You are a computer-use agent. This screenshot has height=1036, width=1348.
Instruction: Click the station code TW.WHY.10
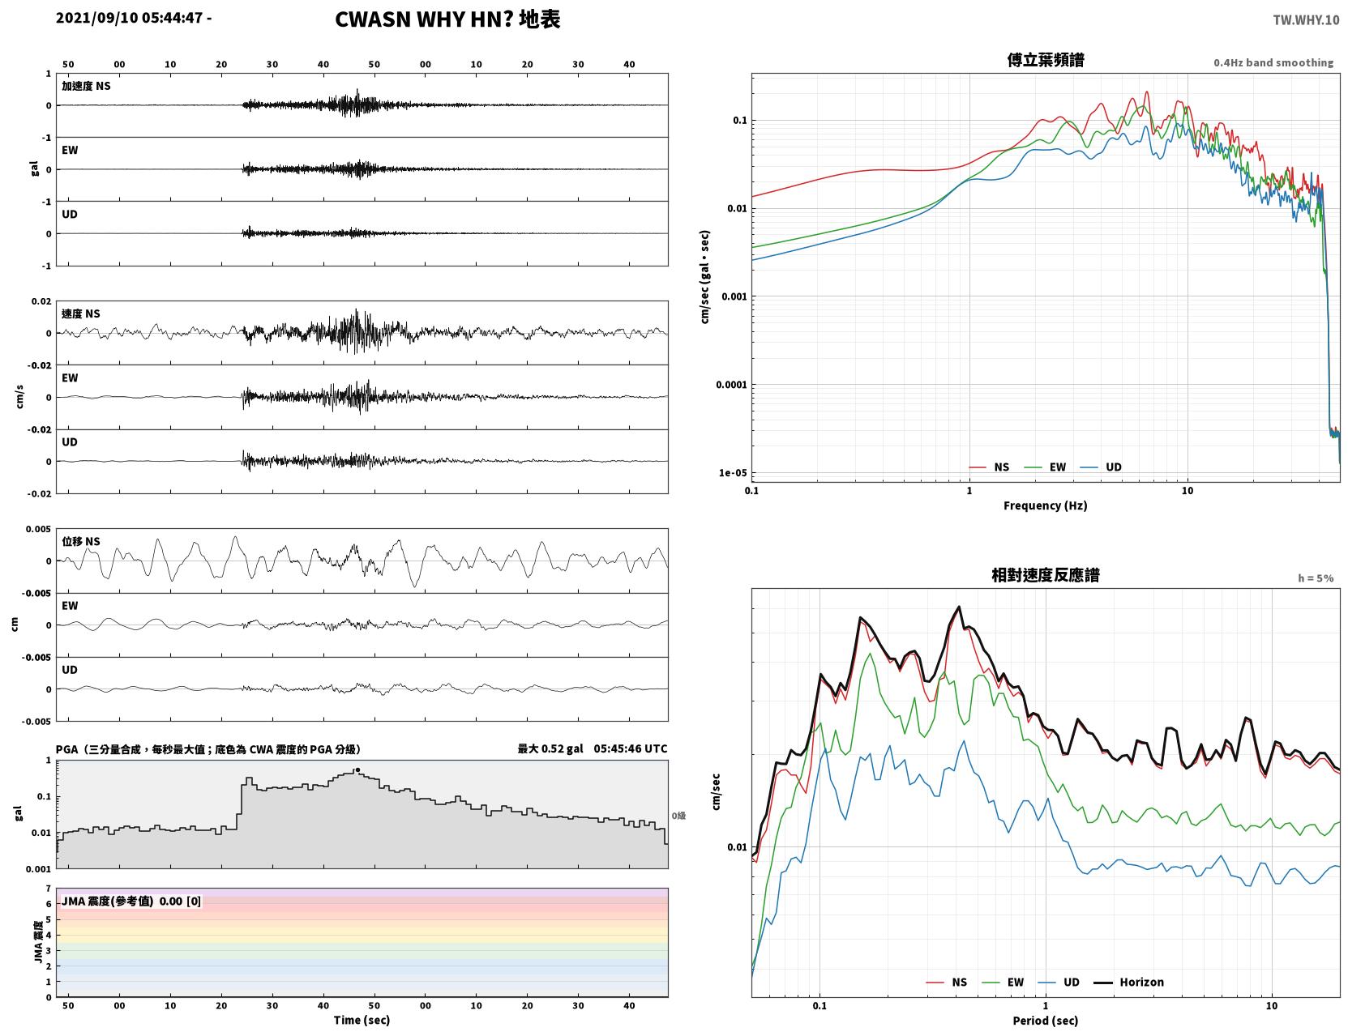[x=1306, y=19]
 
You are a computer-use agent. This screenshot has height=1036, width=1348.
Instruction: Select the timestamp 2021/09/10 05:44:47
[x=129, y=17]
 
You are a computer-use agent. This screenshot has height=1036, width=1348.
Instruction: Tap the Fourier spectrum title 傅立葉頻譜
[x=1046, y=60]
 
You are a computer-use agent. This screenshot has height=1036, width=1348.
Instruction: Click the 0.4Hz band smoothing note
[x=1273, y=62]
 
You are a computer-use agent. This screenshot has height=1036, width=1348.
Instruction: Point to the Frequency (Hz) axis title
[x=1046, y=505]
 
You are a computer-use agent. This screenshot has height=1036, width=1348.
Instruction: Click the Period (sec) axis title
[x=1046, y=1021]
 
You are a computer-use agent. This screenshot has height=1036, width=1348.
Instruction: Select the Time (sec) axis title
[x=362, y=1020]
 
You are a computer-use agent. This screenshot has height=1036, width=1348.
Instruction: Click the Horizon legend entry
[x=1128, y=982]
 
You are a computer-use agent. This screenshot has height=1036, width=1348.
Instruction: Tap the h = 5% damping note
[x=1315, y=578]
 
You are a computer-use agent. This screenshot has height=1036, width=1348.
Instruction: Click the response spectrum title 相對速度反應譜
[x=1046, y=575]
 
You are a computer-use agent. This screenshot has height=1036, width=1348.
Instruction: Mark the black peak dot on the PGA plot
[x=357, y=770]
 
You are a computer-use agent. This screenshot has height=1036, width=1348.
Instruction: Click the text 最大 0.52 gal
[x=550, y=748]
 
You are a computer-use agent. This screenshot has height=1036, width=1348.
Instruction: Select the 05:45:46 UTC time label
[x=631, y=748]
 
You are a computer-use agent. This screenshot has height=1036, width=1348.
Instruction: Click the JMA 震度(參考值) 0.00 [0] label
[x=131, y=901]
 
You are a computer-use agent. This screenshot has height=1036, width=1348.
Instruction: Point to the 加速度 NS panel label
[x=86, y=86]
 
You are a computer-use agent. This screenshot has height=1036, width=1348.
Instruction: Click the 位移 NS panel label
[x=80, y=542]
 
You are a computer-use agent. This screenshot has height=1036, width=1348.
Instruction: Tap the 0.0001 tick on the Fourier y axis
[x=731, y=385]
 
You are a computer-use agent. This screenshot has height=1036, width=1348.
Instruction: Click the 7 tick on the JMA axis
[x=49, y=889]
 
